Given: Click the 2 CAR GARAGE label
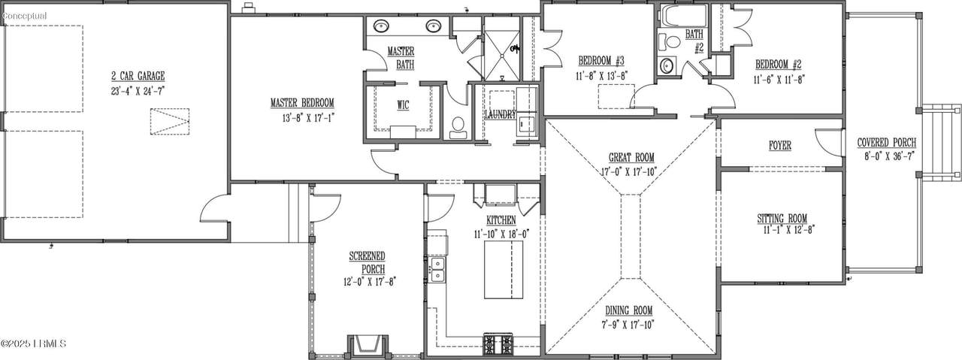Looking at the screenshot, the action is [x=138, y=76].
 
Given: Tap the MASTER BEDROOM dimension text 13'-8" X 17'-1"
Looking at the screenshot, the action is [x=308, y=118].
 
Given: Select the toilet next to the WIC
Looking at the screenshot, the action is [x=458, y=128].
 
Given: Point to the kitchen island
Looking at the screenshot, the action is [x=504, y=269].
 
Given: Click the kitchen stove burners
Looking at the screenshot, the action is [x=498, y=344].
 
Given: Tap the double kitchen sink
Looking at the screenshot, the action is [x=437, y=269].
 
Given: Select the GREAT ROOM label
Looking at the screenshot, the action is [x=631, y=157].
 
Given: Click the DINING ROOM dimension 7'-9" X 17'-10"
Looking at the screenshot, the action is [x=628, y=325].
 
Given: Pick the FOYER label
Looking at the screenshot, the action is [x=780, y=146].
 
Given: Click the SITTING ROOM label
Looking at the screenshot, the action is [x=782, y=218].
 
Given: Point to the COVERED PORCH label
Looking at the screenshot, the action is [x=887, y=142].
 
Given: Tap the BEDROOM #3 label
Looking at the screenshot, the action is [x=601, y=61].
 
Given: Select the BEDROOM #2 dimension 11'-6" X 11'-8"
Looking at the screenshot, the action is [x=779, y=79].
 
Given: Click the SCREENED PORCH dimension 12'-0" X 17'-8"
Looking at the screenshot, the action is [x=369, y=282].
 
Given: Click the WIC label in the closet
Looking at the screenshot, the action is [x=404, y=105].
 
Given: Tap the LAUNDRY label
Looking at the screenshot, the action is [x=501, y=115].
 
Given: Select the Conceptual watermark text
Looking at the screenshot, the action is [x=24, y=17].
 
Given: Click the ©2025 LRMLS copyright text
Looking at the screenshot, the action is [x=34, y=343].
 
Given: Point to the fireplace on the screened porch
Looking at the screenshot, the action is [x=368, y=346].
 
